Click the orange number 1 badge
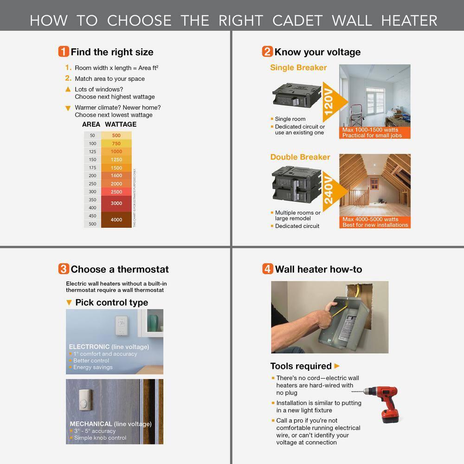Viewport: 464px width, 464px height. (64, 52)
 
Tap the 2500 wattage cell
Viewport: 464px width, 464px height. (116, 192)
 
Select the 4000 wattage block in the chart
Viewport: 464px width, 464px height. (116, 219)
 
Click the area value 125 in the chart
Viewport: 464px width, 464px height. (92, 152)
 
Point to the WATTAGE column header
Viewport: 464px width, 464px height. (121, 124)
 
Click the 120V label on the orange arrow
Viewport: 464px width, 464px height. (329, 102)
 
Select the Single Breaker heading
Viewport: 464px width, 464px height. (298, 68)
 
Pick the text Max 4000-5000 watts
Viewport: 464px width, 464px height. (370, 219)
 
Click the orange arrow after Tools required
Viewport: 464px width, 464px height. (337, 366)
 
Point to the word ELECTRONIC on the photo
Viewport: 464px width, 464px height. (89, 347)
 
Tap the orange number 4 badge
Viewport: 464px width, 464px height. (267, 269)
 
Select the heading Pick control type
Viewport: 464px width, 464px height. (111, 303)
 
